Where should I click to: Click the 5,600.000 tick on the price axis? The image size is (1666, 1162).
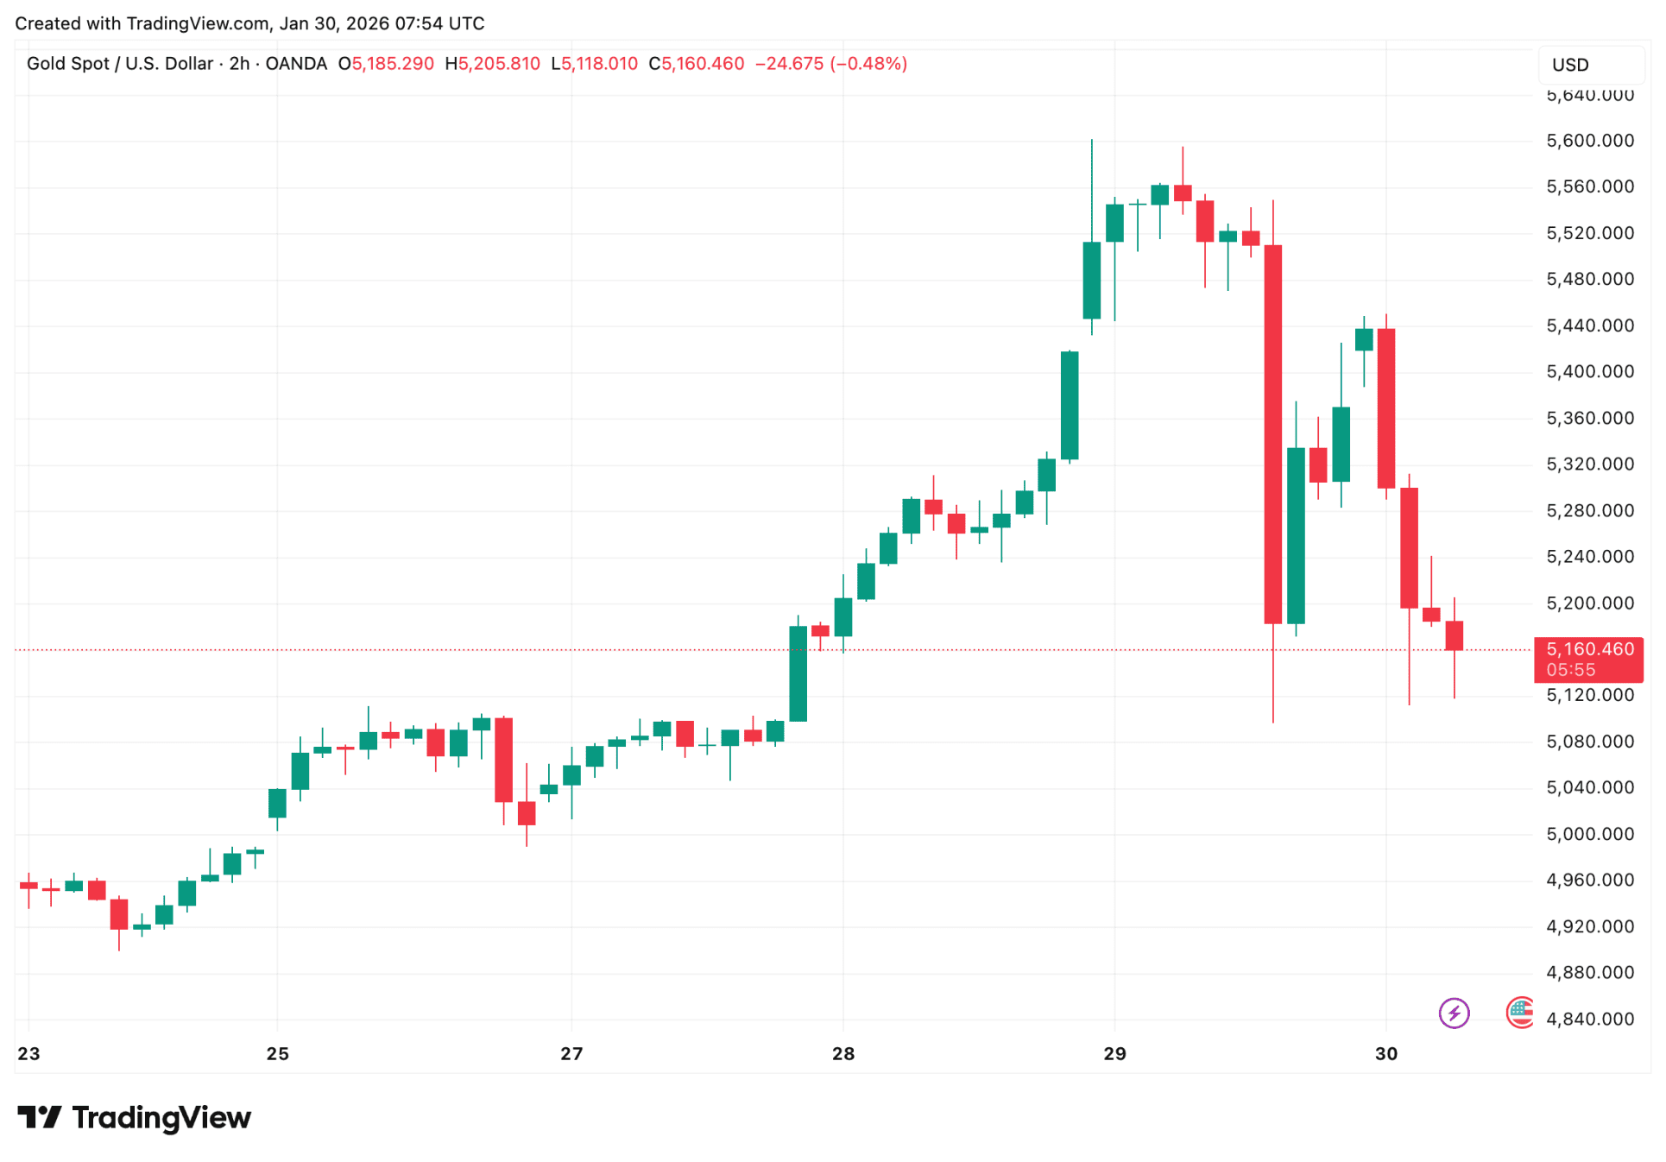[1589, 141]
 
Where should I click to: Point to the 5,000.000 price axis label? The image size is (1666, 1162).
[1589, 834]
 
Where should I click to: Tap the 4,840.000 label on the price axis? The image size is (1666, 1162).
[1589, 1019]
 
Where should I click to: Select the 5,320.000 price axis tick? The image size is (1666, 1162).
[1589, 464]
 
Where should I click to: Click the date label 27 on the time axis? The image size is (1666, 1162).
[571, 1053]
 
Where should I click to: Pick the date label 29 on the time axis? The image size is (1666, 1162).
[1114, 1053]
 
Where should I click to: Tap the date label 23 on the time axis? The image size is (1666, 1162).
[28, 1053]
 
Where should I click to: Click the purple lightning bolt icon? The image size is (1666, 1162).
[1454, 1013]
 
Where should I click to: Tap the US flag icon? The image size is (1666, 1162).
[1520, 1013]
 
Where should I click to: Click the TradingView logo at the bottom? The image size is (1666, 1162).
[135, 1118]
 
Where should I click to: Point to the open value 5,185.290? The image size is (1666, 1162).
[392, 64]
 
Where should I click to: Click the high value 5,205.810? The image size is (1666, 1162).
[498, 64]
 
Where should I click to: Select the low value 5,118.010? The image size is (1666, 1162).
[599, 64]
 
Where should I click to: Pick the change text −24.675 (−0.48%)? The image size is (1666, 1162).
[830, 64]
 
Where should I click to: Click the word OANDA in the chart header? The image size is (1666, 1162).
[296, 64]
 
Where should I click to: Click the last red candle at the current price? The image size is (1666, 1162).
[1454, 635]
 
